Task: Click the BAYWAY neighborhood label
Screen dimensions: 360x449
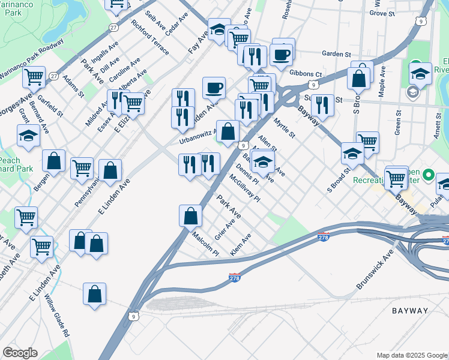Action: [410, 311]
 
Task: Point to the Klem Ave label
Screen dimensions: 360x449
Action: [240, 244]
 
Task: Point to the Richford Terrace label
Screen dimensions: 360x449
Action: [150, 38]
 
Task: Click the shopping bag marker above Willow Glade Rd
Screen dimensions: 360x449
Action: [95, 294]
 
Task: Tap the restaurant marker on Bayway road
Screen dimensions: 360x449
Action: [322, 105]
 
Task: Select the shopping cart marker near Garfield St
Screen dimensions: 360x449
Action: [34, 77]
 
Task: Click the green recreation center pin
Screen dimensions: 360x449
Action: [428, 176]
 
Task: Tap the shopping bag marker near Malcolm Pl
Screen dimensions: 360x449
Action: [190, 215]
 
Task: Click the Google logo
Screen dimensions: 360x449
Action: [20, 353]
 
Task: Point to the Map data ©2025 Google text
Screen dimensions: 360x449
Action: [412, 355]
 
